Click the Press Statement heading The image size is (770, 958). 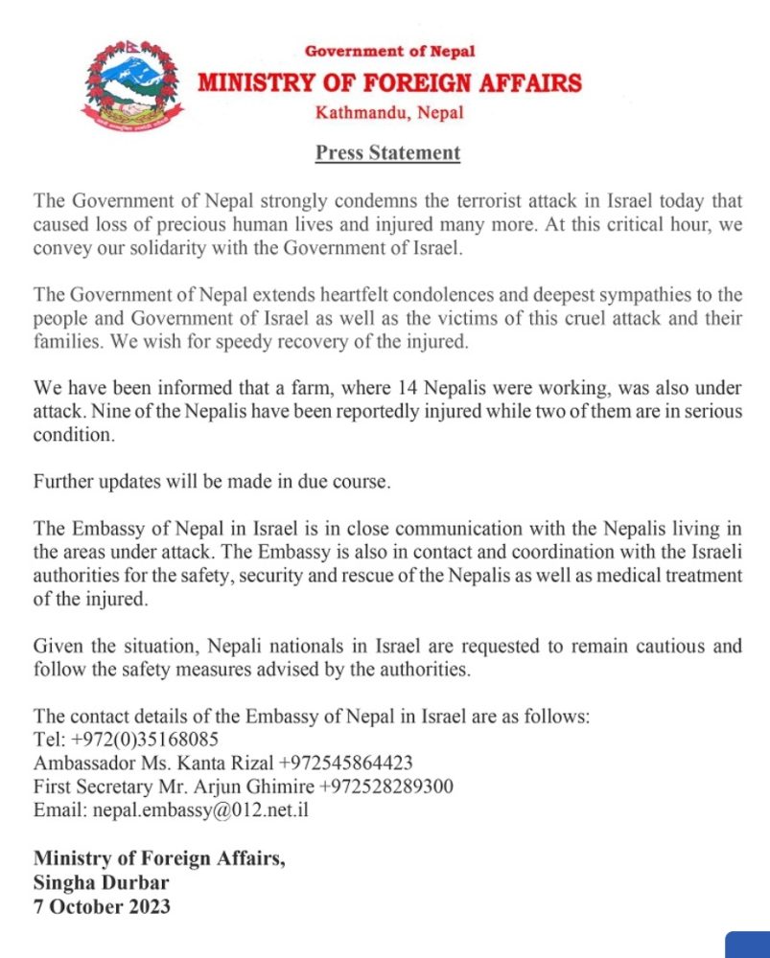(388, 152)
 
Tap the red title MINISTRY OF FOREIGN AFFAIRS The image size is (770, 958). (389, 83)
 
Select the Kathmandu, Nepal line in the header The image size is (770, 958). (389, 113)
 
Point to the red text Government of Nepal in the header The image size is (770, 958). (389, 51)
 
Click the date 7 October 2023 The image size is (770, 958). (102, 904)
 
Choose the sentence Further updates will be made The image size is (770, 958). (212, 481)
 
